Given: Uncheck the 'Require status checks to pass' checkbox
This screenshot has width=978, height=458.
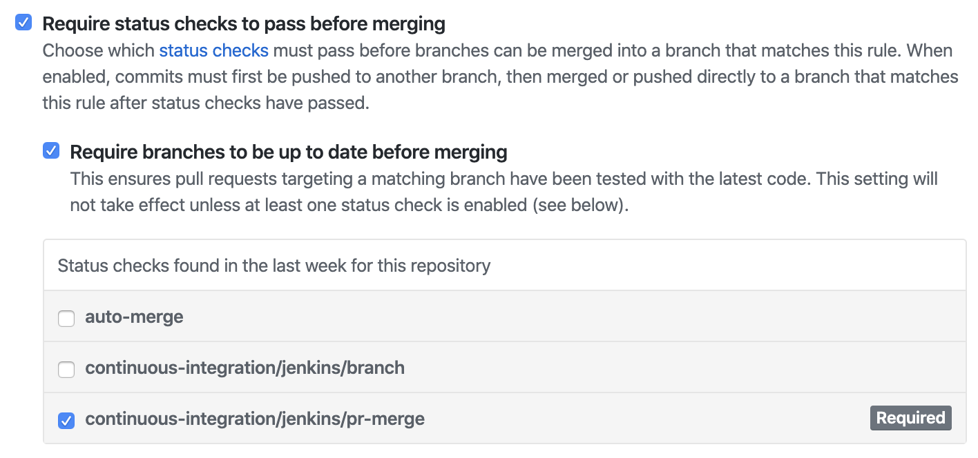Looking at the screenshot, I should tap(23, 23).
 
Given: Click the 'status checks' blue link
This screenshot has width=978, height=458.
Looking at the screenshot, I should tap(213, 50).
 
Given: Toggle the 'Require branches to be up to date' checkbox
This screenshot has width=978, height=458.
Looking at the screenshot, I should tap(51, 151).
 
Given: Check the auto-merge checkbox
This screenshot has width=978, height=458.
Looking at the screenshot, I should tap(66, 318).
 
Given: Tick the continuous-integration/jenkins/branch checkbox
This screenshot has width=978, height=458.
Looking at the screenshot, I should tap(66, 369).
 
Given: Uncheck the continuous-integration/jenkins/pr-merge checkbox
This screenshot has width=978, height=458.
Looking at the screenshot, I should tap(66, 419).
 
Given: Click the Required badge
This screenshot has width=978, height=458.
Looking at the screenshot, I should tap(910, 418).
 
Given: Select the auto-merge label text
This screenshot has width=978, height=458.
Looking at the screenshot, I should tap(134, 317).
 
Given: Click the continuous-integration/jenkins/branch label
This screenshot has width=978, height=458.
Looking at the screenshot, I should tap(245, 368).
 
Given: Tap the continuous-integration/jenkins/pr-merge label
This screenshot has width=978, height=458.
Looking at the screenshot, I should tap(254, 418).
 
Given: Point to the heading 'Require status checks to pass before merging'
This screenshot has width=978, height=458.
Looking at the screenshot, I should tap(244, 24).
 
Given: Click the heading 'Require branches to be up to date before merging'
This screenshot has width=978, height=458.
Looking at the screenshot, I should tap(289, 152).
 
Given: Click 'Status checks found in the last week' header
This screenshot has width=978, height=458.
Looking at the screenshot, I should tap(274, 266).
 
